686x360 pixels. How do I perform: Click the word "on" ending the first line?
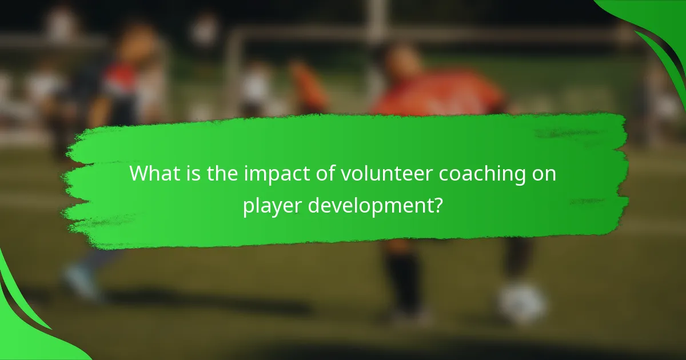pos(544,174)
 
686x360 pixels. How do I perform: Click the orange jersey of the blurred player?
pos(440,94)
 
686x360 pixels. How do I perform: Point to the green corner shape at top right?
pos(657,29)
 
